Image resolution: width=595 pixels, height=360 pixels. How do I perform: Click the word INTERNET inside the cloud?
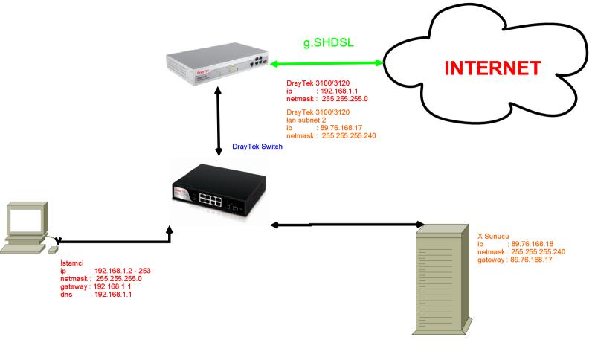tap(492, 68)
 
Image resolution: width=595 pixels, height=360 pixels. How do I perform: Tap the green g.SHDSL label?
tap(328, 42)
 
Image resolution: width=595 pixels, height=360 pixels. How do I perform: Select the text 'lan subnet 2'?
tap(307, 120)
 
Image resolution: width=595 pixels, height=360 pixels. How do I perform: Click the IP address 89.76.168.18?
tap(532, 244)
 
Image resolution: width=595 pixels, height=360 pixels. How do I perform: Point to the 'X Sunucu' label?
tap(494, 236)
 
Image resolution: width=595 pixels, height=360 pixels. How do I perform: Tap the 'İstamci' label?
tap(72, 263)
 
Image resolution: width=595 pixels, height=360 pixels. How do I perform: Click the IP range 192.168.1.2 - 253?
tap(123, 271)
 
